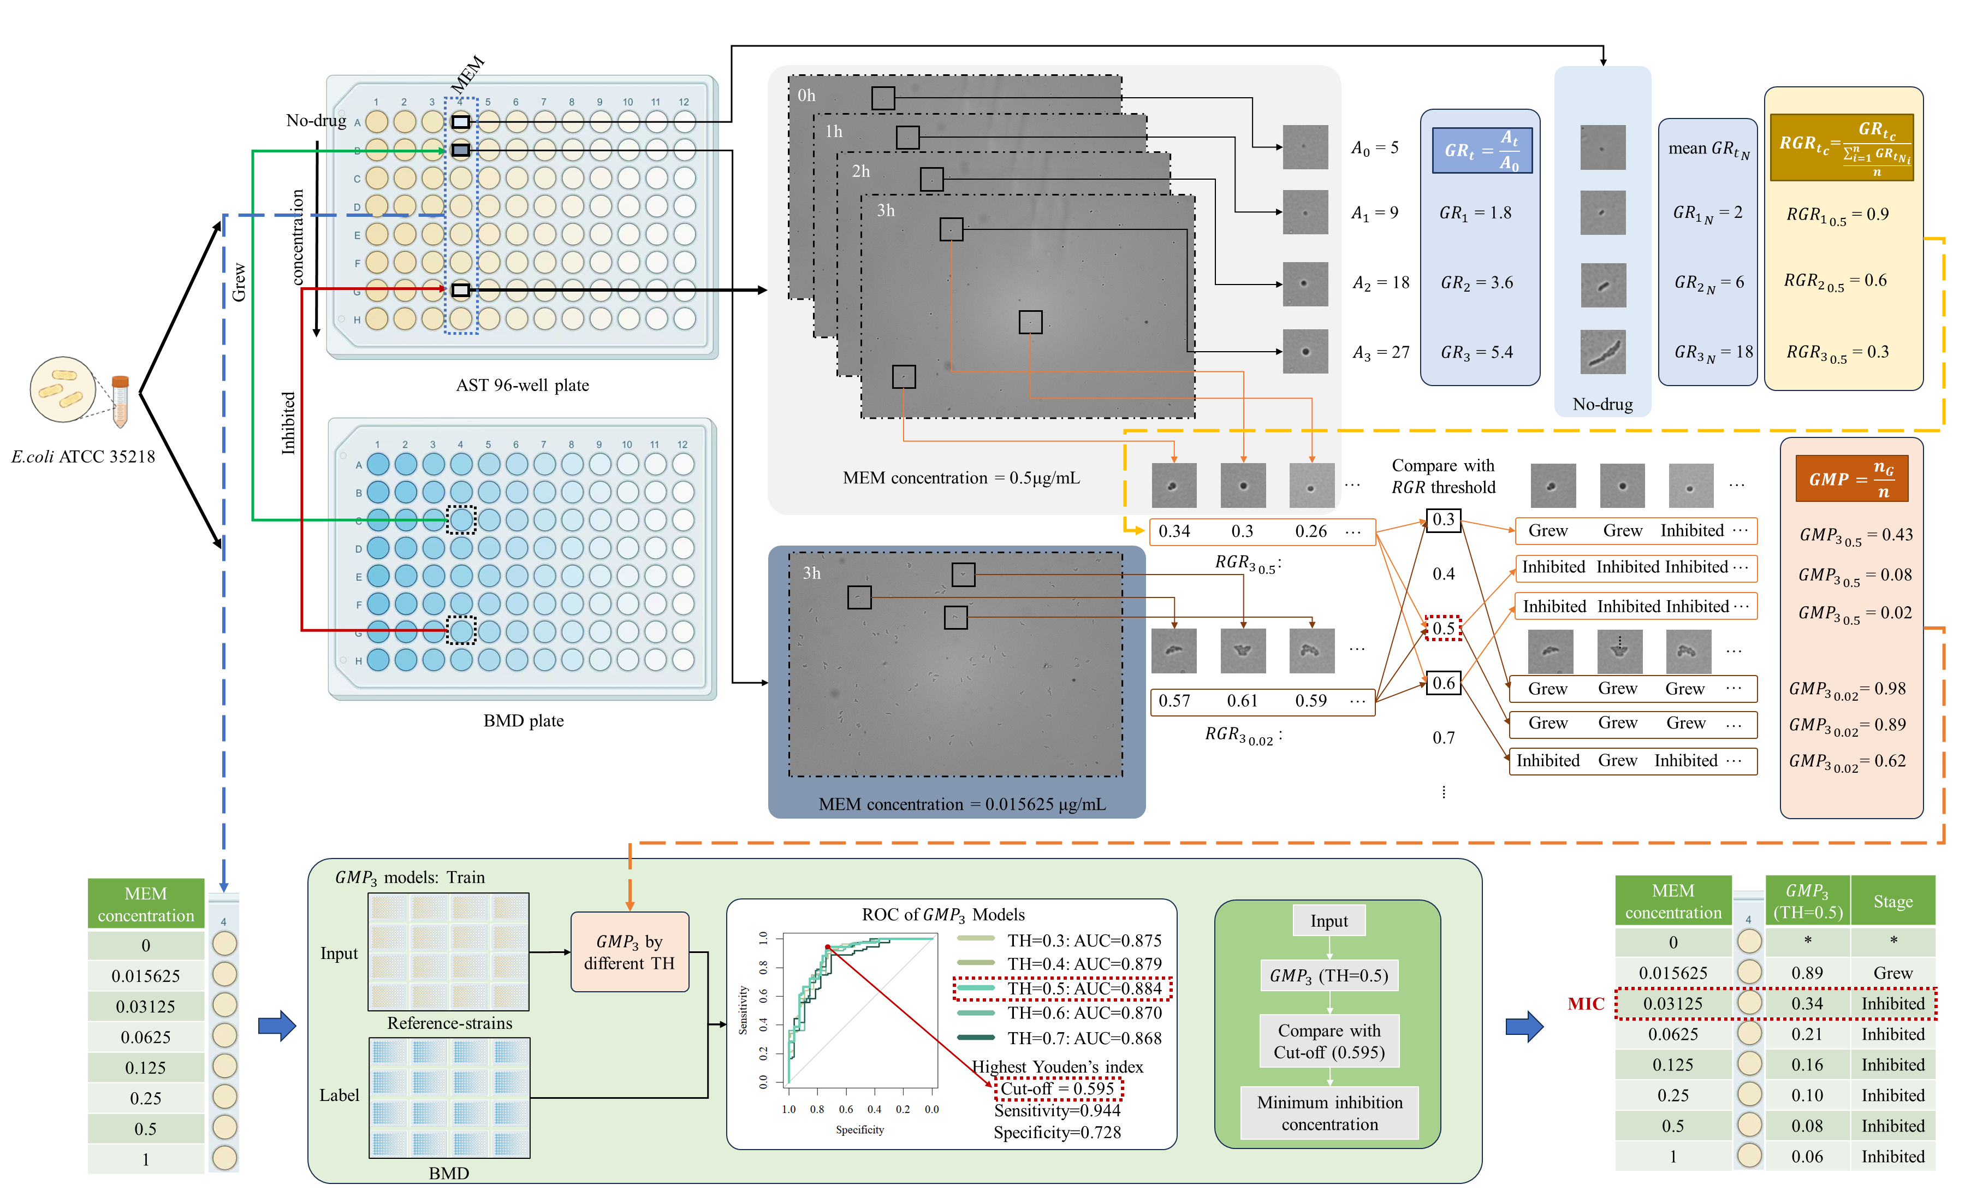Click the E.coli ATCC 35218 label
click(x=83, y=457)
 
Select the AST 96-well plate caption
click(x=523, y=386)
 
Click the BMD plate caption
click(x=523, y=720)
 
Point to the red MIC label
click(x=1586, y=1004)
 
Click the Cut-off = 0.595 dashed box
click(x=1058, y=1088)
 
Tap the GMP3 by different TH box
click(x=629, y=952)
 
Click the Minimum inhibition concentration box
click(x=1329, y=1113)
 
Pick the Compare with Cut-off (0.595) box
click(x=1329, y=1041)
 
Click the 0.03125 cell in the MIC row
click(x=1672, y=1004)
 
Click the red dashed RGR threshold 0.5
click(x=1444, y=628)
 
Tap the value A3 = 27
click(x=1380, y=352)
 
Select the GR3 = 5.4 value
click(x=1476, y=352)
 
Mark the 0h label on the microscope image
click(x=806, y=96)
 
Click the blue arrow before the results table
click(x=1524, y=1026)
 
